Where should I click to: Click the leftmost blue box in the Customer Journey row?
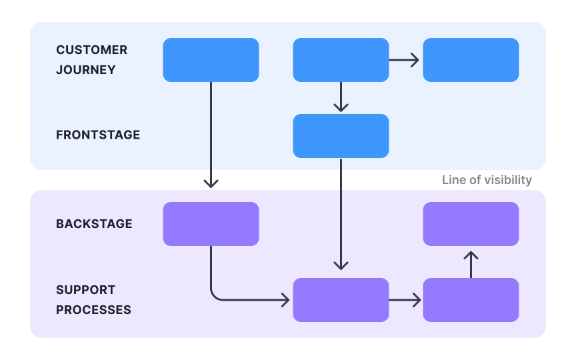211,60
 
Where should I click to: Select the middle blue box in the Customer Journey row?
341,60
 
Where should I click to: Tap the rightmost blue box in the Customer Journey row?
471,60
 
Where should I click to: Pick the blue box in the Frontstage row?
341,136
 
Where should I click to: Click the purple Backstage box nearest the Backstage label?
211,224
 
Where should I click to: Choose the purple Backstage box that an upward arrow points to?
471,224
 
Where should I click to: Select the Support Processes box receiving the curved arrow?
341,300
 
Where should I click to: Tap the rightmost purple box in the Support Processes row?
471,300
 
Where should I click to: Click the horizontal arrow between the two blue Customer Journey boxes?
404,60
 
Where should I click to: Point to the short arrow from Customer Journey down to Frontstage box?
341,97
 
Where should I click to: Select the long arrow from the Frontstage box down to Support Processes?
341,213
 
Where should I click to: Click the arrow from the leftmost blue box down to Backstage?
211,133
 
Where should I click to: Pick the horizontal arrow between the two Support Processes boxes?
405,300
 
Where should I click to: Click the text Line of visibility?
487,180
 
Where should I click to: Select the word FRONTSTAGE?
98,135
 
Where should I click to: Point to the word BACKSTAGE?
94,224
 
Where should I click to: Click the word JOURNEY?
85,70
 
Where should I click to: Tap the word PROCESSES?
93,310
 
